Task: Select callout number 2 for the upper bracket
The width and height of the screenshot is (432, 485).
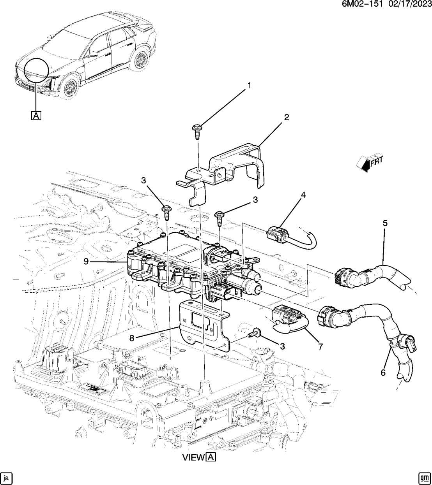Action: pos(287,117)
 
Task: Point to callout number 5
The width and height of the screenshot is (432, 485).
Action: pos(385,223)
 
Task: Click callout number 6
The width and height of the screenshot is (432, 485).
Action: pos(383,373)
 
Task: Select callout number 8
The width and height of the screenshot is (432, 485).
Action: pos(132,338)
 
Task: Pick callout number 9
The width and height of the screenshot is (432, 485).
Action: pos(86,262)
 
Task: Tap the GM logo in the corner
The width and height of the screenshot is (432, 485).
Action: pos(424,477)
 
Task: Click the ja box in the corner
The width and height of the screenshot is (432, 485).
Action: pos(7,477)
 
